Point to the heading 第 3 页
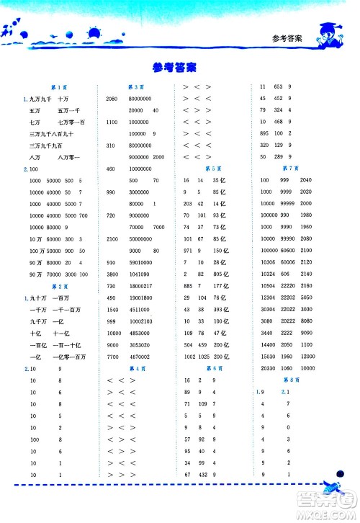pos(134,86)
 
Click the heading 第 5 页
pos(212,168)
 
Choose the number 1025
pos(202,356)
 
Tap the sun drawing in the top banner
pos(94,32)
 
